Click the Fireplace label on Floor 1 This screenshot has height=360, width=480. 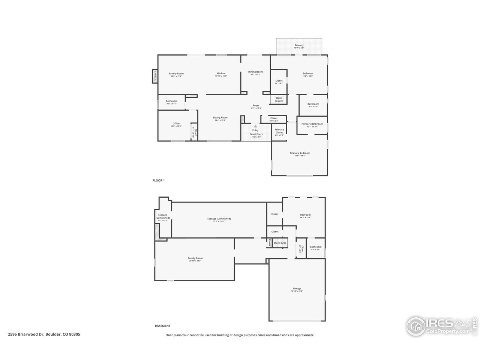tap(154, 76)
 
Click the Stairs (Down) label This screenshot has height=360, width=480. tap(279, 99)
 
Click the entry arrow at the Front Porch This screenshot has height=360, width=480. tap(256, 126)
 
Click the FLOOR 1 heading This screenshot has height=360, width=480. tap(158, 180)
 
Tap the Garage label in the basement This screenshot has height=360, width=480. tap(297, 289)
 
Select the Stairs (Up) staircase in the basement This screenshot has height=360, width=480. tap(279, 243)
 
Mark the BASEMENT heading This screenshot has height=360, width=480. tap(162, 326)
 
